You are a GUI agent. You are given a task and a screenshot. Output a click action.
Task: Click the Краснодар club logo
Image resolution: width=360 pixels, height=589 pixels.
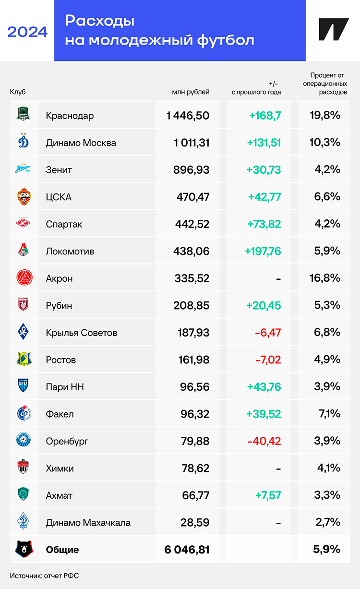click(24, 115)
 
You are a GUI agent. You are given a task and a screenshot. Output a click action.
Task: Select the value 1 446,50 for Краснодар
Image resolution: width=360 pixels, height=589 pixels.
click(188, 116)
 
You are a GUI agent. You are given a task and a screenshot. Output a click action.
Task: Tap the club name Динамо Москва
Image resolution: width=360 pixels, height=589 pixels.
click(81, 143)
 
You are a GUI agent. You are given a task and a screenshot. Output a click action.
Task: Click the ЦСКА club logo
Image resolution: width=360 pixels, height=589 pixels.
click(24, 197)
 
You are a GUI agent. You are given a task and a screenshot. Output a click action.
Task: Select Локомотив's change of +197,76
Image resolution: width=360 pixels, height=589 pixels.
click(263, 251)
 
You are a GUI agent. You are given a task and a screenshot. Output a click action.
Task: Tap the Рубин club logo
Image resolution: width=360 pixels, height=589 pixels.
click(24, 305)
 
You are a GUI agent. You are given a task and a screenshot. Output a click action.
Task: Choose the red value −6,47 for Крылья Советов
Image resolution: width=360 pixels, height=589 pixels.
click(265, 332)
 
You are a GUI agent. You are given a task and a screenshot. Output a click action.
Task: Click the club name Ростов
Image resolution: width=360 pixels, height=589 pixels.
click(61, 360)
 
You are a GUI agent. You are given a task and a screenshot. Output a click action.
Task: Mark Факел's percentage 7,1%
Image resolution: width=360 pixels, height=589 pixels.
click(329, 413)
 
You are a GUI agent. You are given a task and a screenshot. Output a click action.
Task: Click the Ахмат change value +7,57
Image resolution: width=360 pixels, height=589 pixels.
click(267, 495)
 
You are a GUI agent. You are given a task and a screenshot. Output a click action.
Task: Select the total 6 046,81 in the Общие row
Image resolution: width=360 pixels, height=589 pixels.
click(187, 550)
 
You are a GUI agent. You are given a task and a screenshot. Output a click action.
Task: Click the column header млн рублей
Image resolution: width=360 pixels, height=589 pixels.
click(191, 92)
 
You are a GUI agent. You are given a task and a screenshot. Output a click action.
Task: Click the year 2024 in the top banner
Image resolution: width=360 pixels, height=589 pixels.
click(27, 32)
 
